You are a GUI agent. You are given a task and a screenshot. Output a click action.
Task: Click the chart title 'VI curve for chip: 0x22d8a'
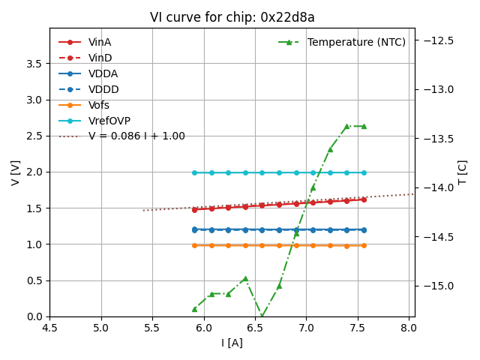tap(232, 17)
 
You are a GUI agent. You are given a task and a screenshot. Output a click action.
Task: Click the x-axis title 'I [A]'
tap(232, 343)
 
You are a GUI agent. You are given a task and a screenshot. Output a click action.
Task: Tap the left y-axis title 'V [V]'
tap(16, 172)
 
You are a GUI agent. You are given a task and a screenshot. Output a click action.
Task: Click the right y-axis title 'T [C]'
tap(462, 172)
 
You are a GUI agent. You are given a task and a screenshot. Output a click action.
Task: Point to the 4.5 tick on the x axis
tap(49, 328)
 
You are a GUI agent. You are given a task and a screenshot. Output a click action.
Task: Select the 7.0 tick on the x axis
tap(306, 328)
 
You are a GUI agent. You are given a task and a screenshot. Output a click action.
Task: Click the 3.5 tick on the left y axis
tap(34, 64)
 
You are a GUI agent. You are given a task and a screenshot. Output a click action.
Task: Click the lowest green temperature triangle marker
tap(262, 316)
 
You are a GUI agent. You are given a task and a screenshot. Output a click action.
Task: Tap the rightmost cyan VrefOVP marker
tap(364, 172)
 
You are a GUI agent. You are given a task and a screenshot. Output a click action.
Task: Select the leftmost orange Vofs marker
tap(194, 245)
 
